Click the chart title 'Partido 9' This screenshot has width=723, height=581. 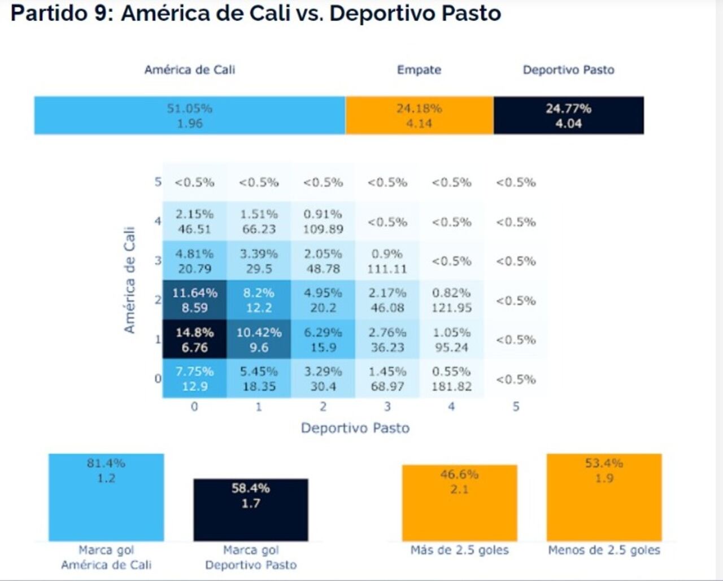tap(255, 13)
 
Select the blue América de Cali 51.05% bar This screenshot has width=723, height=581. tap(189, 116)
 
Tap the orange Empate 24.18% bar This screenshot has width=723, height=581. tap(419, 116)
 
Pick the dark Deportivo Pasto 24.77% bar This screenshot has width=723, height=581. tap(568, 116)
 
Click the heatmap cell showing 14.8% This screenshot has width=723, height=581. tap(194, 340)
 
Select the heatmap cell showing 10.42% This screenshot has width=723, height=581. tap(259, 340)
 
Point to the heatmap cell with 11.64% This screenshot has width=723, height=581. tap(194, 300)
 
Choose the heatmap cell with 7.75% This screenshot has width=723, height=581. tap(194, 379)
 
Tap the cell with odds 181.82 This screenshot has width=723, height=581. tap(451, 379)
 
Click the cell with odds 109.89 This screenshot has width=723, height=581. tap(323, 222)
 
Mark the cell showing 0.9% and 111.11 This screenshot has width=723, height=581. tap(387, 261)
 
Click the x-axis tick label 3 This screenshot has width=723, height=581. tap(387, 407)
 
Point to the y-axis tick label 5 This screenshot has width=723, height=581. tap(158, 182)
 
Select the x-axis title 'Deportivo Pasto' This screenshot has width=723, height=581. tap(355, 428)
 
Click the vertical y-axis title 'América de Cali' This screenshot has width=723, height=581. tap(129, 280)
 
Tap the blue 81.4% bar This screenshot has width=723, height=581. tap(106, 497)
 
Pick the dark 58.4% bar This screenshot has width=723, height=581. tap(251, 510)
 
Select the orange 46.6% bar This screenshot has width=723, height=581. tap(459, 503)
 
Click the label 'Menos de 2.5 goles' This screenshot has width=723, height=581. tap(604, 550)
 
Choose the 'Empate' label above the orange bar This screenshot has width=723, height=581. tap(419, 70)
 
